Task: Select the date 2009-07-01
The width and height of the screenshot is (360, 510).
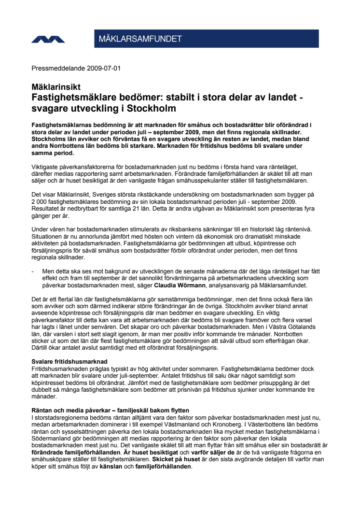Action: [x=104, y=68]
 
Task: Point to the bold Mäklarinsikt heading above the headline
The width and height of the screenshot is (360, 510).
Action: [x=56, y=87]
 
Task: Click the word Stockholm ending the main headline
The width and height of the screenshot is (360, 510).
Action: [x=150, y=107]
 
